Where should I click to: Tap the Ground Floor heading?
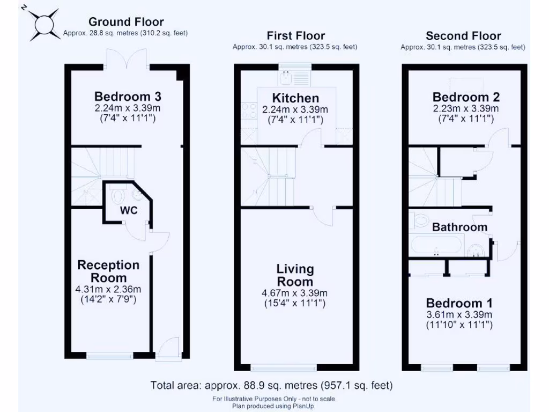(126, 21)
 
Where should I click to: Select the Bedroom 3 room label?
(128, 96)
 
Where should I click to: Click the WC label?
(129, 210)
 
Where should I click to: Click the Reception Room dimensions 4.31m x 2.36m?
(108, 289)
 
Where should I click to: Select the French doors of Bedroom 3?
(128, 60)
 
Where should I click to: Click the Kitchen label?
(295, 98)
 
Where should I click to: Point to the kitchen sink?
(295, 78)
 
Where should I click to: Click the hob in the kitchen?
(249, 111)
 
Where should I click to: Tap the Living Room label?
(295, 275)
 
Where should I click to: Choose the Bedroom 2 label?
(466, 97)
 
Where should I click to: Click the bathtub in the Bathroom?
(436, 245)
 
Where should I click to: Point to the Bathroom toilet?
(419, 219)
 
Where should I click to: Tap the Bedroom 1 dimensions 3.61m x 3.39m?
(459, 314)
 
